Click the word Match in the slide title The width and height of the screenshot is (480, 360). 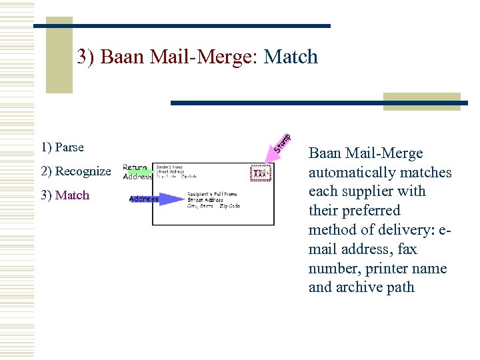click(291, 57)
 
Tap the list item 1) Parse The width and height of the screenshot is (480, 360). click(62, 147)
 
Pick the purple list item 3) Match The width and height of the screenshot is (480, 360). click(65, 195)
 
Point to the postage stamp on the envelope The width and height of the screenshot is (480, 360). click(261, 174)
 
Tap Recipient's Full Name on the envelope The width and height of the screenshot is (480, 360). click(212, 194)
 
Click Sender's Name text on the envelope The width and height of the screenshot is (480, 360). click(171, 167)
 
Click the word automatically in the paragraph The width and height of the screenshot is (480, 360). click(349, 173)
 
